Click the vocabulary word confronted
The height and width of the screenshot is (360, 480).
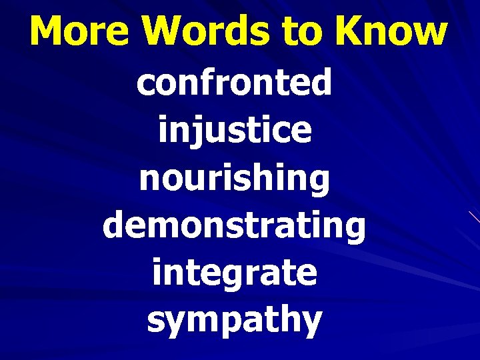pos(235,84)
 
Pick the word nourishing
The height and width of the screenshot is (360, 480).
pos(235,179)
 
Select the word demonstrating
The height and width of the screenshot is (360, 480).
pos(235,227)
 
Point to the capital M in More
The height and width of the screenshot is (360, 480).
pos(48,31)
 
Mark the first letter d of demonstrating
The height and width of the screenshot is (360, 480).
pos(114,225)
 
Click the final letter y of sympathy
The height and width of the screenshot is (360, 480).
pos(311,323)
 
